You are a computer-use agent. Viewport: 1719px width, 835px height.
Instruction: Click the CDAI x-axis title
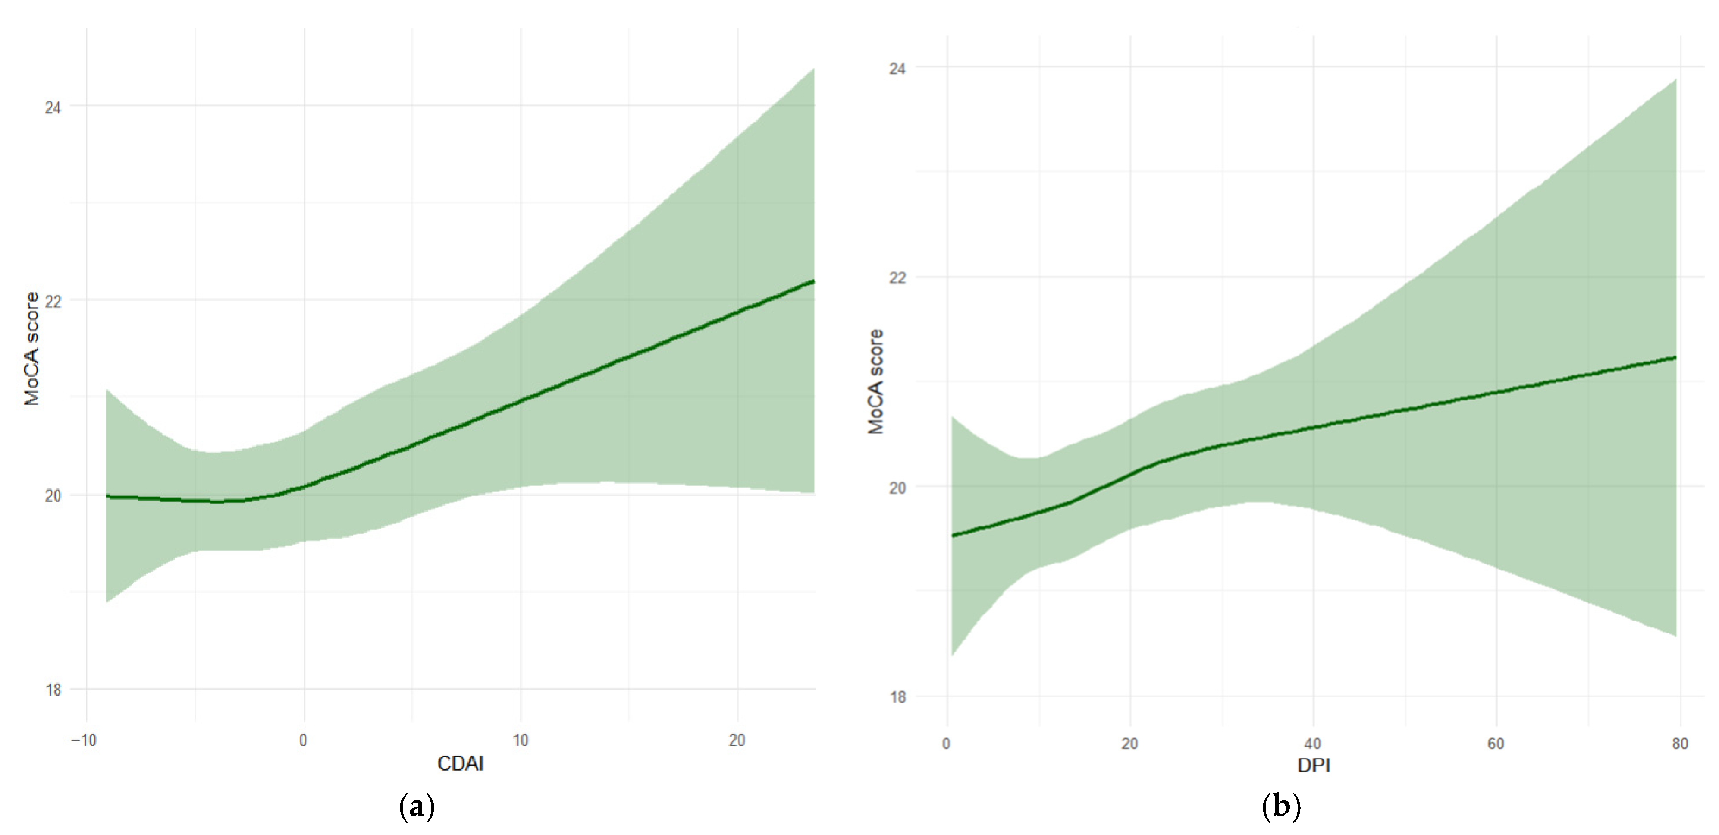pos(461,763)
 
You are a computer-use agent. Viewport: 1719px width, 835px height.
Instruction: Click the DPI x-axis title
pos(1313,765)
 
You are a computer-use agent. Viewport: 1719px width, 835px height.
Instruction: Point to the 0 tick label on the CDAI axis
pos(304,740)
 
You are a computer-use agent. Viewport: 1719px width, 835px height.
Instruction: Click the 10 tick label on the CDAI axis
pos(521,740)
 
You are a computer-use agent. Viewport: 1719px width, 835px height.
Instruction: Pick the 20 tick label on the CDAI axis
pos(737,740)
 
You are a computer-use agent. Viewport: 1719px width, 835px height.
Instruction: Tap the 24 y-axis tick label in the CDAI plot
pos(53,107)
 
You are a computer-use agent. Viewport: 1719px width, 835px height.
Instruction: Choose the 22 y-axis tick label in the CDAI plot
pos(53,301)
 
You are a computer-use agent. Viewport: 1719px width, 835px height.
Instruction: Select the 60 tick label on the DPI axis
pos(1496,744)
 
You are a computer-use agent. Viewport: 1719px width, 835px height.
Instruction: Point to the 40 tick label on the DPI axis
pos(1313,744)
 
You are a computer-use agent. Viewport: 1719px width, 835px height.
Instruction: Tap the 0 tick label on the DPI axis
pos(946,744)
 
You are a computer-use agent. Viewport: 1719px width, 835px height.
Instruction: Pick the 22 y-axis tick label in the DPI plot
pos(897,277)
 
